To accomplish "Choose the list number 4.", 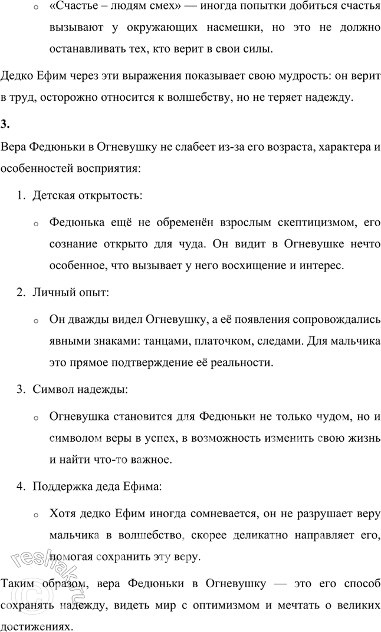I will coord(20,487).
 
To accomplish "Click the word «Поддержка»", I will coord(61,487).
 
